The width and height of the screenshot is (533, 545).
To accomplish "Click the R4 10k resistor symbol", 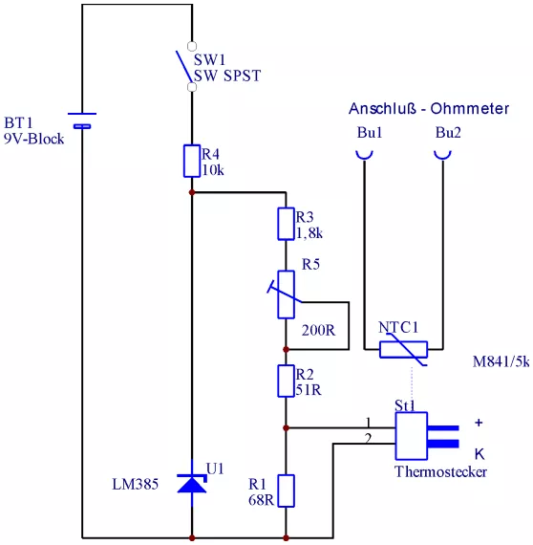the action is [x=192, y=161].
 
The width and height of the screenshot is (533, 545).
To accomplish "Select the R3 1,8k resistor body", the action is [x=286, y=224].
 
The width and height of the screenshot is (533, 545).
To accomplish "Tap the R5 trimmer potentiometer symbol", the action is [x=286, y=294].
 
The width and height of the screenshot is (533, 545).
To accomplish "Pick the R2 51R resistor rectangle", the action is [x=286, y=381].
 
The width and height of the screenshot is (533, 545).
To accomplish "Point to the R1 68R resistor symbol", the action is [x=286, y=490].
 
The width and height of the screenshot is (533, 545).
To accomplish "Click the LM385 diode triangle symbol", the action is [x=192, y=484].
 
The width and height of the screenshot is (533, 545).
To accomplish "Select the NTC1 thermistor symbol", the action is [x=403, y=350].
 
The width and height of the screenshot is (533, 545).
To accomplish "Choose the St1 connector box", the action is [x=411, y=436].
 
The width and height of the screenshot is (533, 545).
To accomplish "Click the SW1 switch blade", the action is [x=184, y=67].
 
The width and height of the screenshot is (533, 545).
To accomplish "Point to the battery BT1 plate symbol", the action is [x=82, y=120].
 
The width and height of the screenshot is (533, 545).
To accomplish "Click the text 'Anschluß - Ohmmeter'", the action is [x=429, y=108].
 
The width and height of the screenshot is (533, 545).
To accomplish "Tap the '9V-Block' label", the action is [x=34, y=139].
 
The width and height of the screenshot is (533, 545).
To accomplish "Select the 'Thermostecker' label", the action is [x=440, y=471].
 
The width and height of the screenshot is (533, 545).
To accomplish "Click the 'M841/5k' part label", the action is [x=501, y=361].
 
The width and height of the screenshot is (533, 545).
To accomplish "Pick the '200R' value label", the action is [x=318, y=330].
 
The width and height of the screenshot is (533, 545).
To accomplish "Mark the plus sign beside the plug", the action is [x=479, y=423].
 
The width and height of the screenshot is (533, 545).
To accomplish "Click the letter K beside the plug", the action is [x=480, y=454].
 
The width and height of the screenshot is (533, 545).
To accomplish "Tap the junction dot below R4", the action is [x=192, y=192].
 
